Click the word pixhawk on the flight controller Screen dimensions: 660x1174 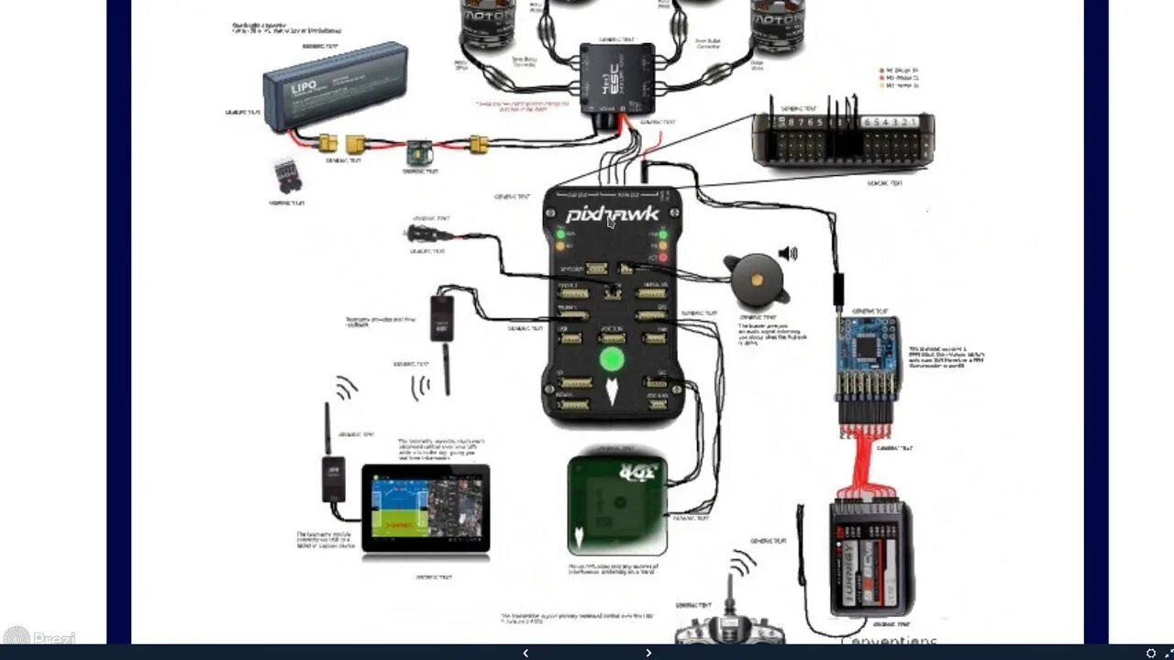[612, 214]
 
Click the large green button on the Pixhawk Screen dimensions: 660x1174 [612, 358]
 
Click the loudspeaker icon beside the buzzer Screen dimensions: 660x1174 [788, 253]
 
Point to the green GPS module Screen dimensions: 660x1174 [616, 504]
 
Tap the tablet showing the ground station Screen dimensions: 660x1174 [426, 510]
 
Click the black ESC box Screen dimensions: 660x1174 [616, 79]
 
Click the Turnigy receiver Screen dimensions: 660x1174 [871, 559]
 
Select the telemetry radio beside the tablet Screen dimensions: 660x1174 [333, 477]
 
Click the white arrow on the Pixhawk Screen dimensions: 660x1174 [612, 392]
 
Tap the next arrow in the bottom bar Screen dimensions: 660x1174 [648, 653]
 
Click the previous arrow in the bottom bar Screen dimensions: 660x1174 [525, 653]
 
